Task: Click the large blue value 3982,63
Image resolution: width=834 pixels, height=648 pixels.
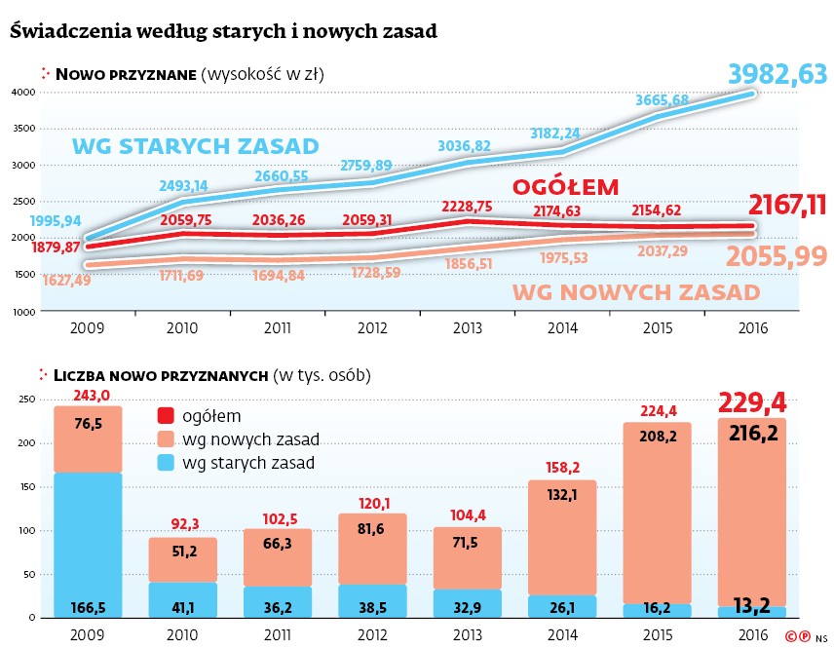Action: (x=777, y=73)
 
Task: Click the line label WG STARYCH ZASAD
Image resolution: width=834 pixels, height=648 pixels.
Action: (x=196, y=147)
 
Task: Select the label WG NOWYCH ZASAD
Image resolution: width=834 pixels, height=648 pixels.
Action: (x=635, y=292)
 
